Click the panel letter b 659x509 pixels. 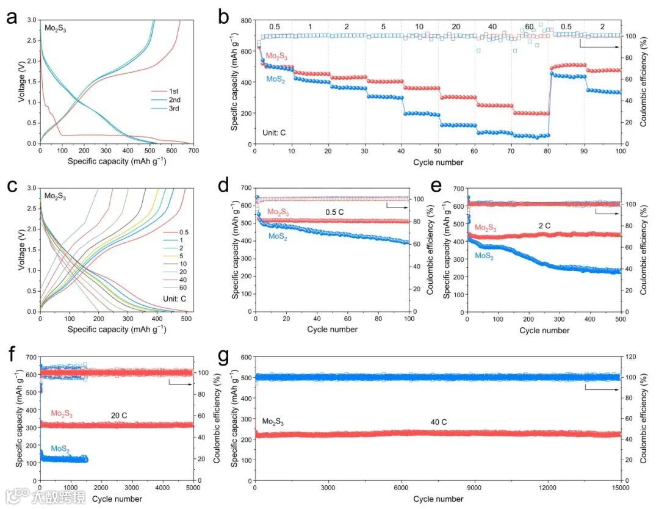(223, 16)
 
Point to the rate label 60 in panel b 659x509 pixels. (530, 28)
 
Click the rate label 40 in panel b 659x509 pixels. (492, 28)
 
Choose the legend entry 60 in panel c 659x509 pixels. (168, 286)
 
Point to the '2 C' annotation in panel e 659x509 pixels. (544, 226)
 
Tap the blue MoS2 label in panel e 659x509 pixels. (486, 256)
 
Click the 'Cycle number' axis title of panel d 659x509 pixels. (332, 330)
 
